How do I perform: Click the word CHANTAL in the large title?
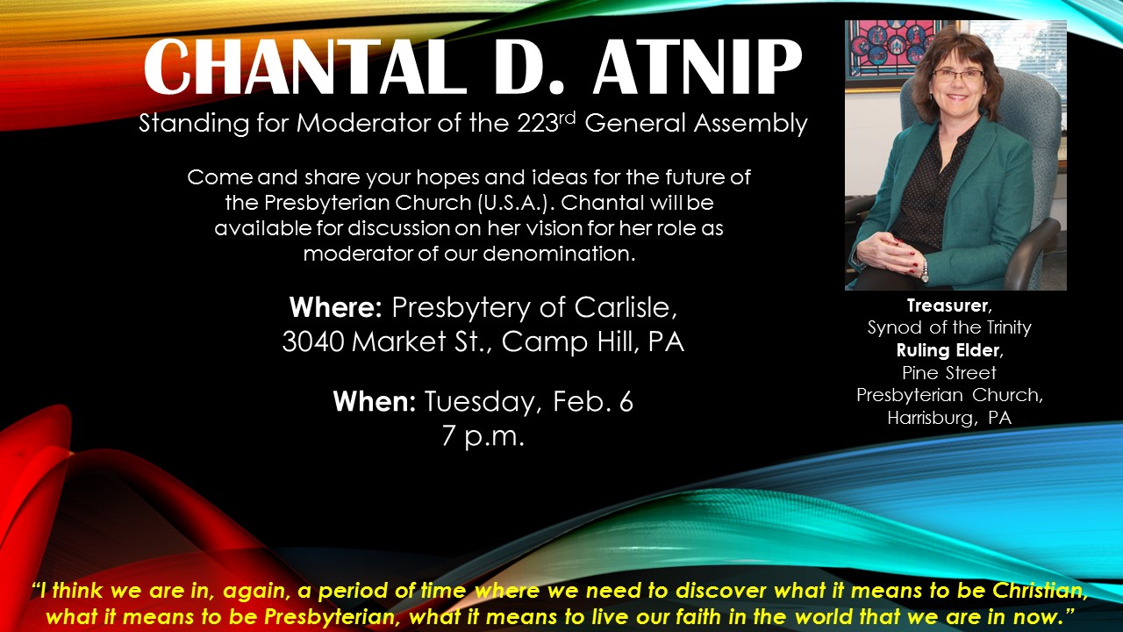[304, 67]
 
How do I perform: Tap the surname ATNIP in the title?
[697, 67]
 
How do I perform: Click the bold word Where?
[336, 307]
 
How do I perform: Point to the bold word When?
[375, 402]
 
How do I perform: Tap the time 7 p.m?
[483, 436]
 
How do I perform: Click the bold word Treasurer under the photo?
[947, 305]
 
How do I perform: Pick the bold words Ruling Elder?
[948, 350]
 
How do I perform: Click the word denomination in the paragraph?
[560, 254]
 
